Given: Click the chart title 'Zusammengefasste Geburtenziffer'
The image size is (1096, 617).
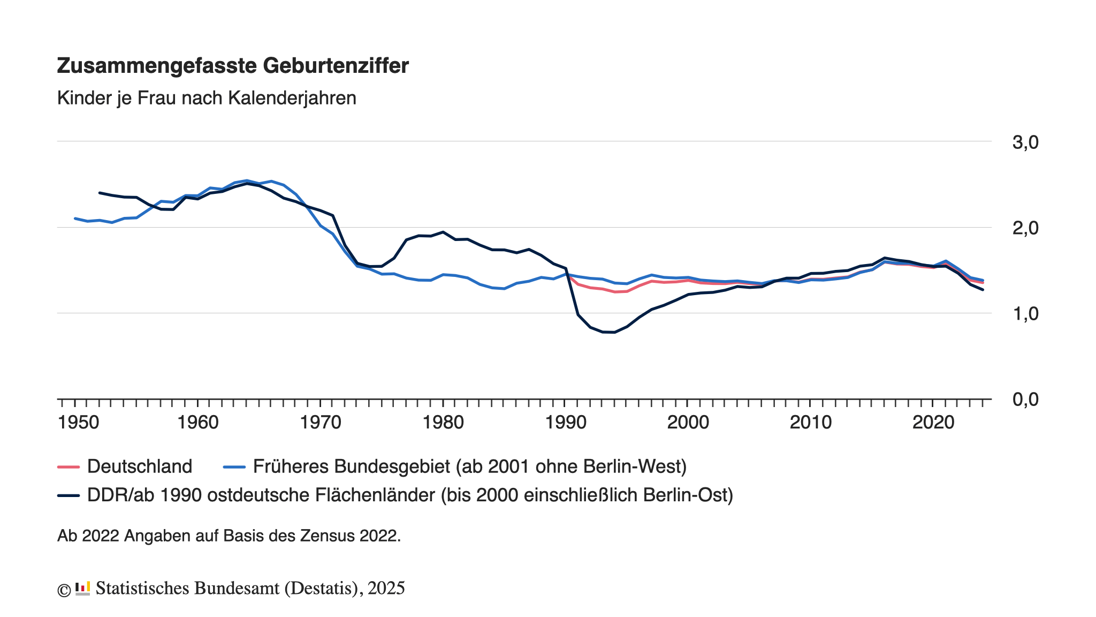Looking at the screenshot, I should point(233,66).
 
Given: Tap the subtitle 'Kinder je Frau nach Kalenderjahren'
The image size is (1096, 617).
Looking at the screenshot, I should point(207,98).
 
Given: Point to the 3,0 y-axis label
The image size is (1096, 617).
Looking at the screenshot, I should point(1025,142).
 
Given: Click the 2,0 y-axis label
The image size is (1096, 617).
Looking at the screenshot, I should point(1025,228).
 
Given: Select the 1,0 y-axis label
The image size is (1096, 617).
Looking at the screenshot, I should point(1025,314).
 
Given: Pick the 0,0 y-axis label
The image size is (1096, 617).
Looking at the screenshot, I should point(1025,400).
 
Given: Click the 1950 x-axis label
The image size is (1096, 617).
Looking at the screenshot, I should point(78,423).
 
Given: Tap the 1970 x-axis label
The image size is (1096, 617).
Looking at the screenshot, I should point(321,423).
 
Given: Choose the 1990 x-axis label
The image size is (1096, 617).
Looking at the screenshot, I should point(566,423).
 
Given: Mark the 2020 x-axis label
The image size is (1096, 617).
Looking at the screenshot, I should point(933,423).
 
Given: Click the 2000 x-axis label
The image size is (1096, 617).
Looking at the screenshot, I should point(688,423).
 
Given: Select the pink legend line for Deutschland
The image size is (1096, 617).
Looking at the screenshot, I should point(68,467).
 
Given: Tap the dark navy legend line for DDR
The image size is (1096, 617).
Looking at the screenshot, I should point(68,495).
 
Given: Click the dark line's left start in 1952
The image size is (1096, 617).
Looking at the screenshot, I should point(100,193).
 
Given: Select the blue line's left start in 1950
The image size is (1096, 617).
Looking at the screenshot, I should point(75,219).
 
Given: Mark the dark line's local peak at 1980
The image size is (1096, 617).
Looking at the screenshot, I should point(443,232).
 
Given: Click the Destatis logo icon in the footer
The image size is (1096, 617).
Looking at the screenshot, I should point(82,589).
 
